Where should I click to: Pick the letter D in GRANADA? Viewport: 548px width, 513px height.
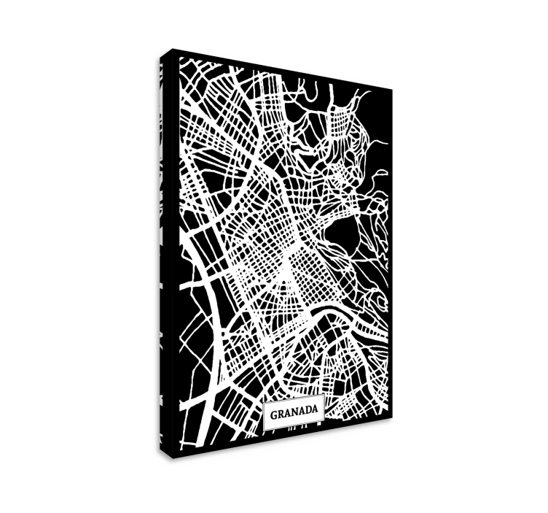pos(308,412)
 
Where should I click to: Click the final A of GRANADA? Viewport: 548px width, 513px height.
pos(314,412)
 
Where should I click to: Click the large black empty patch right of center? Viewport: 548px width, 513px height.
pos(345,234)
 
